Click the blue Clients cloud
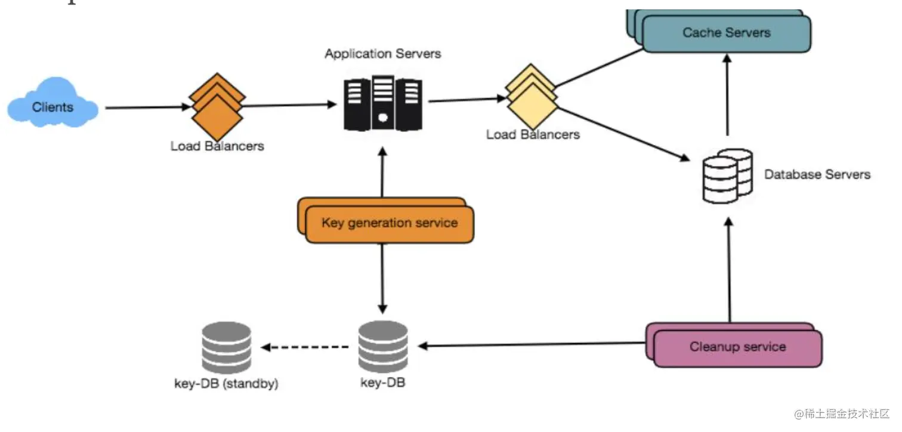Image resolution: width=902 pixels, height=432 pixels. click(52, 108)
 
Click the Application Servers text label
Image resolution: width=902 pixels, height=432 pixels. click(382, 54)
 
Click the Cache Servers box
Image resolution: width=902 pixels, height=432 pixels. click(726, 33)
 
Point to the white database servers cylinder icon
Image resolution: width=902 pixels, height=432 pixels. click(727, 175)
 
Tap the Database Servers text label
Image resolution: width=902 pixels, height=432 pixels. click(817, 175)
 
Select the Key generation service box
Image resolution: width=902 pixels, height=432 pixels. click(389, 224)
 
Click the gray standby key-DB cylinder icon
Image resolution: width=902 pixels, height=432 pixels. click(226, 347)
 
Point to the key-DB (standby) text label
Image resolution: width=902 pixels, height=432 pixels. click(226, 384)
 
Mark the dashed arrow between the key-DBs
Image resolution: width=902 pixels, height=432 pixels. click(305, 347)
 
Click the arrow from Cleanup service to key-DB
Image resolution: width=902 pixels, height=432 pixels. click(531, 344)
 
